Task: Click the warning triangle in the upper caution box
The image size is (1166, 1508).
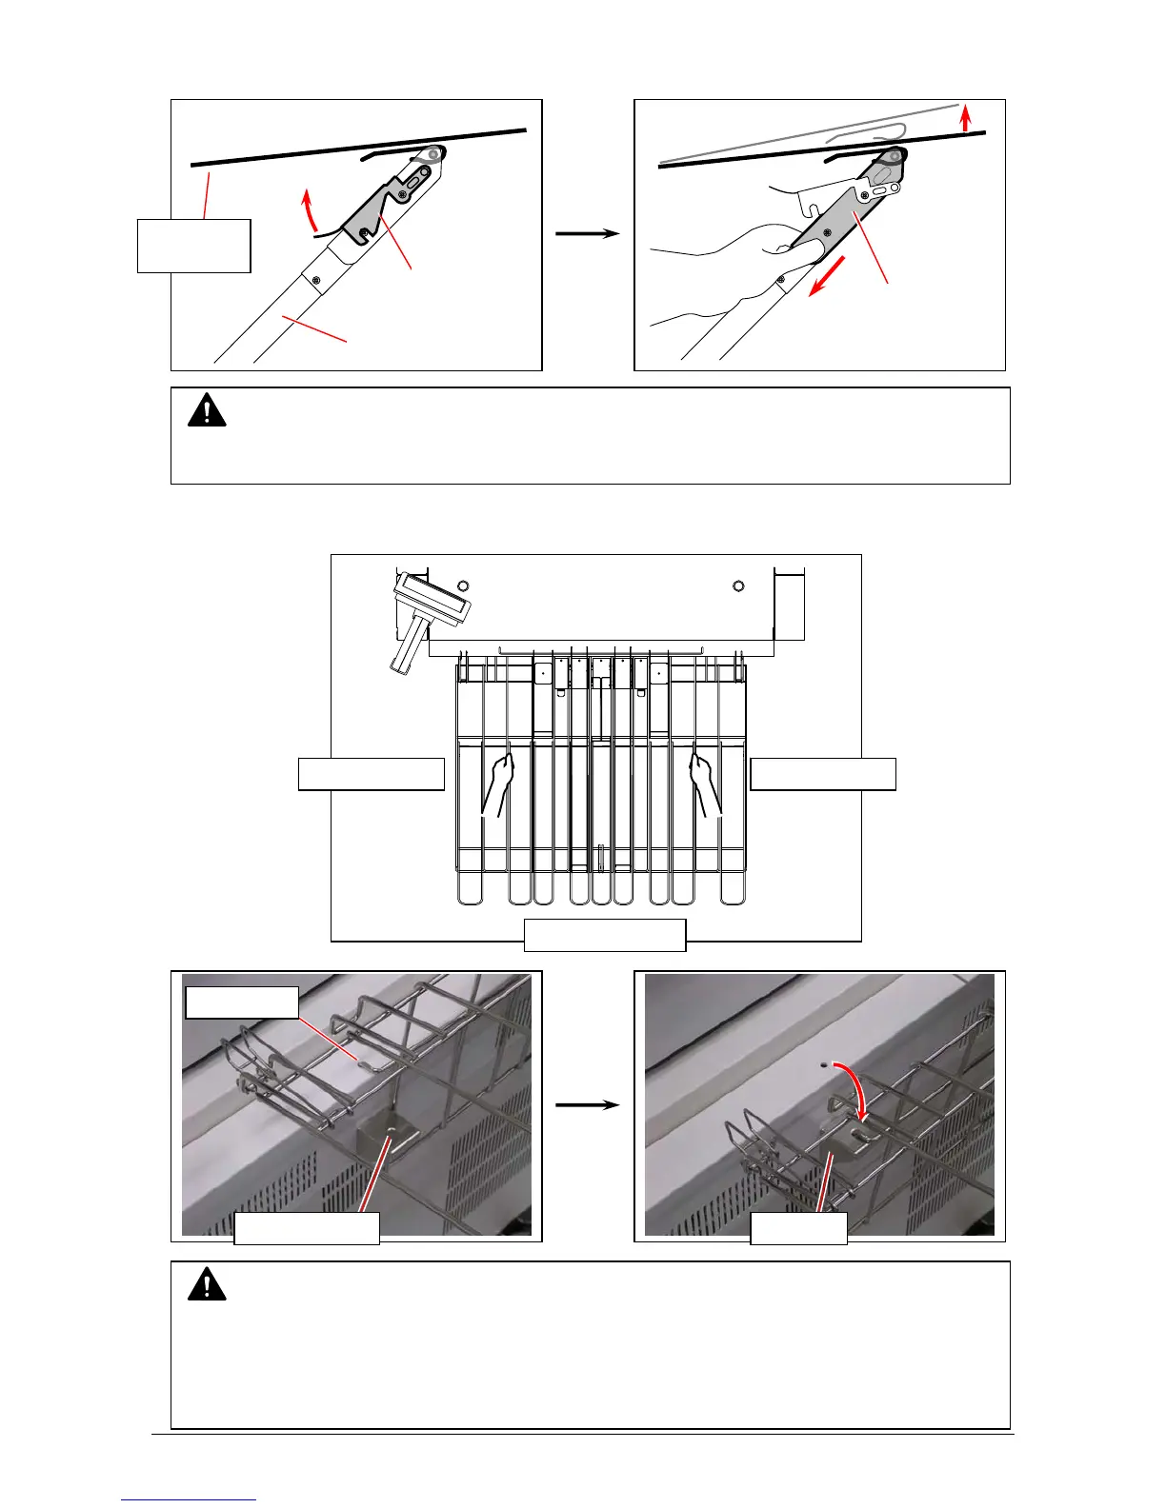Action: [207, 411]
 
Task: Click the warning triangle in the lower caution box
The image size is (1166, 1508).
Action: [207, 1286]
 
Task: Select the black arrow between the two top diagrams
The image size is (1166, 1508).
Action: [588, 232]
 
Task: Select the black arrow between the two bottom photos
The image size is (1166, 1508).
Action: [588, 1104]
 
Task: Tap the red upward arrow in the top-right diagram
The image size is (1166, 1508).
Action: [966, 119]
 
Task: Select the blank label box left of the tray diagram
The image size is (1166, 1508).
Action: [372, 774]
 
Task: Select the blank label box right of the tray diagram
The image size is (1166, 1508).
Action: [823, 774]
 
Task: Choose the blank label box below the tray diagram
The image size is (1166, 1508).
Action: [605, 935]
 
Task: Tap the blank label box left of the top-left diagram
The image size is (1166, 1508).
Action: [194, 246]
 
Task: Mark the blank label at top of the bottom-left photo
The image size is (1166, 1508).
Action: [242, 1002]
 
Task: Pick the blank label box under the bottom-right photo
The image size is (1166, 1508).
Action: [798, 1228]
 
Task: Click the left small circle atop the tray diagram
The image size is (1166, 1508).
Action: [463, 585]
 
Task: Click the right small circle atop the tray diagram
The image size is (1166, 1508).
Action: [738, 585]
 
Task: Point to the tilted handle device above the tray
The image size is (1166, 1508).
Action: [426, 614]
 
